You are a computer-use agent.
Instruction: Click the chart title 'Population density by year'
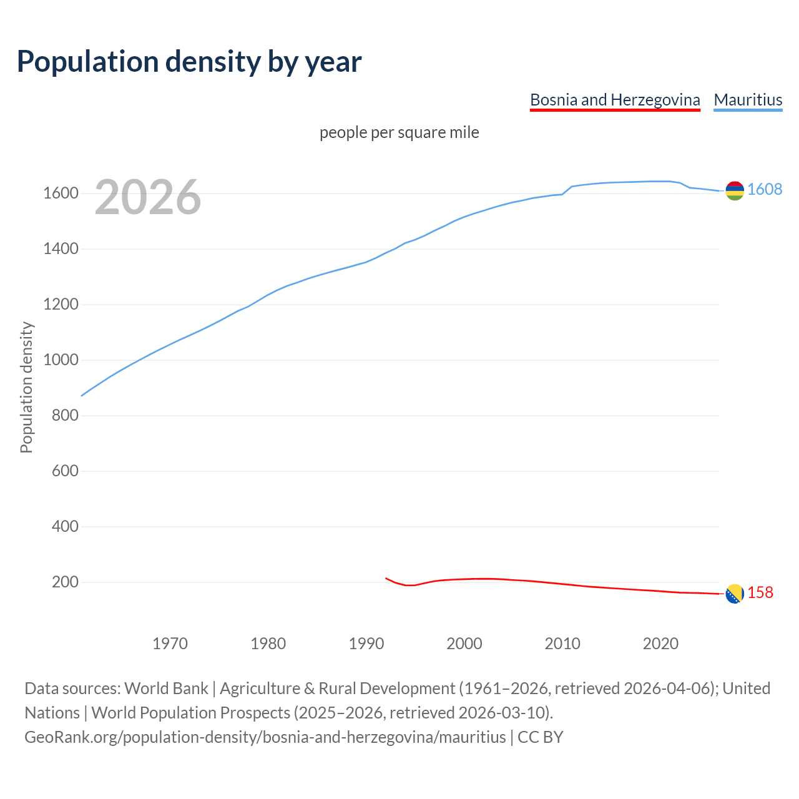point(189,61)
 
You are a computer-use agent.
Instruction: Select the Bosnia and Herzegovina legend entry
point(615,100)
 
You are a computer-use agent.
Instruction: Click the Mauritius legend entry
point(748,100)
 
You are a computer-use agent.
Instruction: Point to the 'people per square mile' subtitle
point(399,132)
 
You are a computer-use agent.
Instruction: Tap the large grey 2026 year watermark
point(148,197)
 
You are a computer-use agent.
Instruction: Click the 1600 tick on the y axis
point(61,194)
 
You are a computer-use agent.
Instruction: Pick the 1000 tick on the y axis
point(61,360)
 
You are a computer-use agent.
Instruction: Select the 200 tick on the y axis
point(65,582)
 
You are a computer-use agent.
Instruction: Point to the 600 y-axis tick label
point(65,471)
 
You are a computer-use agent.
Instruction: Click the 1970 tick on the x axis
point(170,644)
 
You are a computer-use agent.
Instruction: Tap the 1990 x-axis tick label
point(366,644)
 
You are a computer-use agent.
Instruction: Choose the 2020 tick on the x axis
point(660,644)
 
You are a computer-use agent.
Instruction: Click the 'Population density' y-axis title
point(26,387)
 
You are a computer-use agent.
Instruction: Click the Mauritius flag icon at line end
point(735,190)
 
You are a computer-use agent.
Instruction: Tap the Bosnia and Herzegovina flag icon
point(735,594)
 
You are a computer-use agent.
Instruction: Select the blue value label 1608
point(765,190)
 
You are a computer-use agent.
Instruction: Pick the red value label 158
point(760,593)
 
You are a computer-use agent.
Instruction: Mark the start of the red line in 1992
point(386,578)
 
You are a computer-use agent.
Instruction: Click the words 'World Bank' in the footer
point(166,689)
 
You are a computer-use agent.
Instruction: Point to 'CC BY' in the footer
point(540,737)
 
